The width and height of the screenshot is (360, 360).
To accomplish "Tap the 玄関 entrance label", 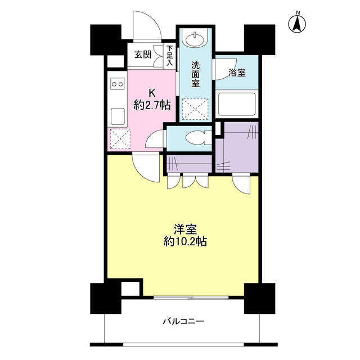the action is coord(143,55).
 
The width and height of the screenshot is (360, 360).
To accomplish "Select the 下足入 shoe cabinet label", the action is coord(169,56).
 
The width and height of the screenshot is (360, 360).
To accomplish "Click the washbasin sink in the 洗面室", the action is coord(195,39).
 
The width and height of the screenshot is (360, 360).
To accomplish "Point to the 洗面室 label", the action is coord(195,74).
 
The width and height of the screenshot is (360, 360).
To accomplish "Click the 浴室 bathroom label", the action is coord(237,73).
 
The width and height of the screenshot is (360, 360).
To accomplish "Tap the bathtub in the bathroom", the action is coord(237,104).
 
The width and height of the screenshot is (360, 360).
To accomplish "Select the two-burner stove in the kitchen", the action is coord(118,84).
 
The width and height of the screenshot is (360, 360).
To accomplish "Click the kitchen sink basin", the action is coord(118,116).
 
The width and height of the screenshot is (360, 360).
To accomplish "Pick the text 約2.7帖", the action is coord(152,105).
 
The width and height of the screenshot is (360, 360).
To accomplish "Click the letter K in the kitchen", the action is coord(152,93).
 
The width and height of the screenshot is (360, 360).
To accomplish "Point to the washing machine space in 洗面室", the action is coord(195,109).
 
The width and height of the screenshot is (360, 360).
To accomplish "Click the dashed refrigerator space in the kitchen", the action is coord(120,139).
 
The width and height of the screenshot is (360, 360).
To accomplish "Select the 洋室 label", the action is coord(185,229).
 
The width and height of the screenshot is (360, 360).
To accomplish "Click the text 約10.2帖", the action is coord(185,241).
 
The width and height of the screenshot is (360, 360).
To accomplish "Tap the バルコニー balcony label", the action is coord(183,321).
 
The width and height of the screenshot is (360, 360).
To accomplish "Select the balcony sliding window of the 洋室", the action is coord(191,298).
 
